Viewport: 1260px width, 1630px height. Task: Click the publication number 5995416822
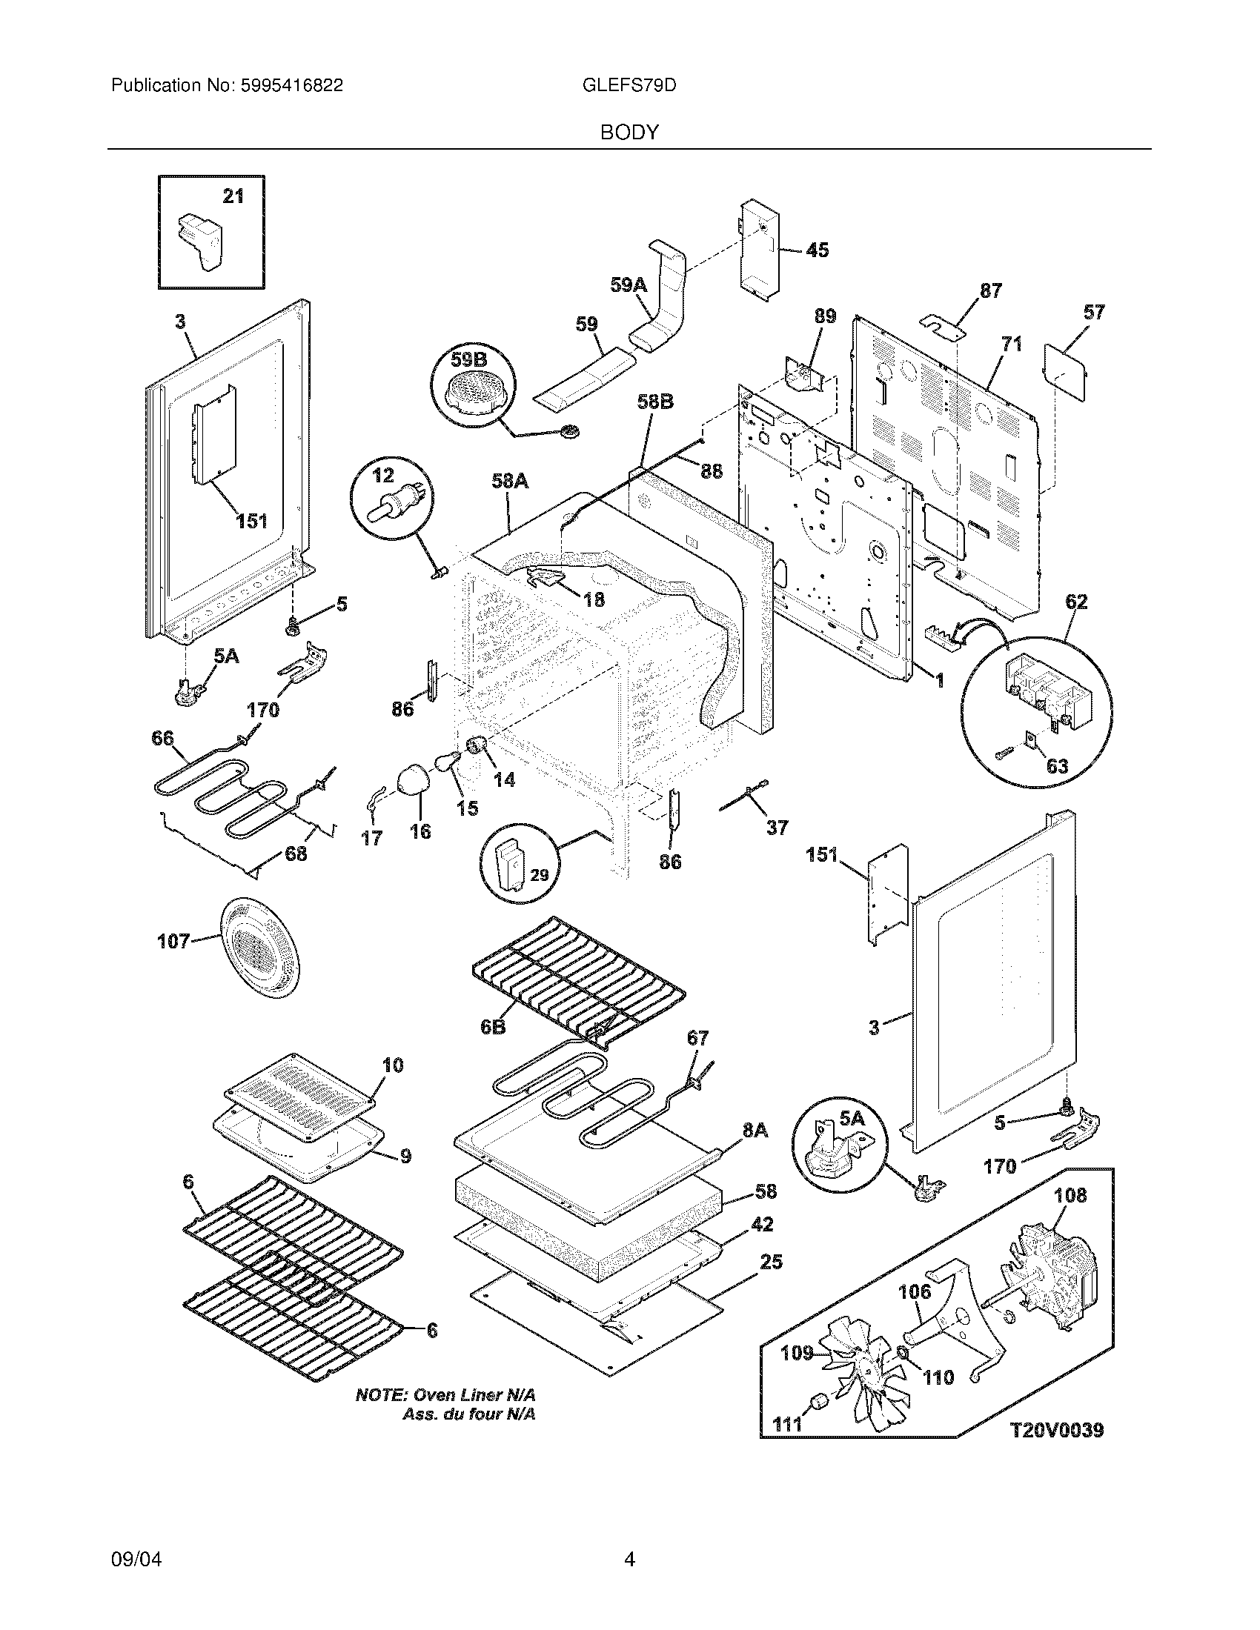pyautogui.click(x=291, y=86)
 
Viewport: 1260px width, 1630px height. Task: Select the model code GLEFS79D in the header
pyautogui.click(x=629, y=86)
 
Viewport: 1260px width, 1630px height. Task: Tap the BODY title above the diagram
pyautogui.click(x=629, y=133)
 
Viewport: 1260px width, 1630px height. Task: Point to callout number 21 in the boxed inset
pyautogui.click(x=233, y=196)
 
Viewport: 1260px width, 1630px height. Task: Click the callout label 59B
pyautogui.click(x=468, y=361)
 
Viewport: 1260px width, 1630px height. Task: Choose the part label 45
pyautogui.click(x=818, y=250)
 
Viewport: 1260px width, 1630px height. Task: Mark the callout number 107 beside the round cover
pyautogui.click(x=173, y=942)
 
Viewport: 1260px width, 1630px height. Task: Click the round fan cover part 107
pyautogui.click(x=259, y=948)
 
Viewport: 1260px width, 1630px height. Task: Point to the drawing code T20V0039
pyautogui.click(x=1057, y=1430)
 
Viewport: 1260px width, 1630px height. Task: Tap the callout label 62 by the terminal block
pyautogui.click(x=1076, y=602)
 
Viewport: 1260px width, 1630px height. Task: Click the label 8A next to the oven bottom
pyautogui.click(x=755, y=1131)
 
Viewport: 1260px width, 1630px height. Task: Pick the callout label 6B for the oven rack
pyautogui.click(x=493, y=1027)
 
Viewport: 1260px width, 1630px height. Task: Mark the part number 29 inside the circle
pyautogui.click(x=539, y=874)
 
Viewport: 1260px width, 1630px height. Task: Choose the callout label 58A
pyautogui.click(x=510, y=482)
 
